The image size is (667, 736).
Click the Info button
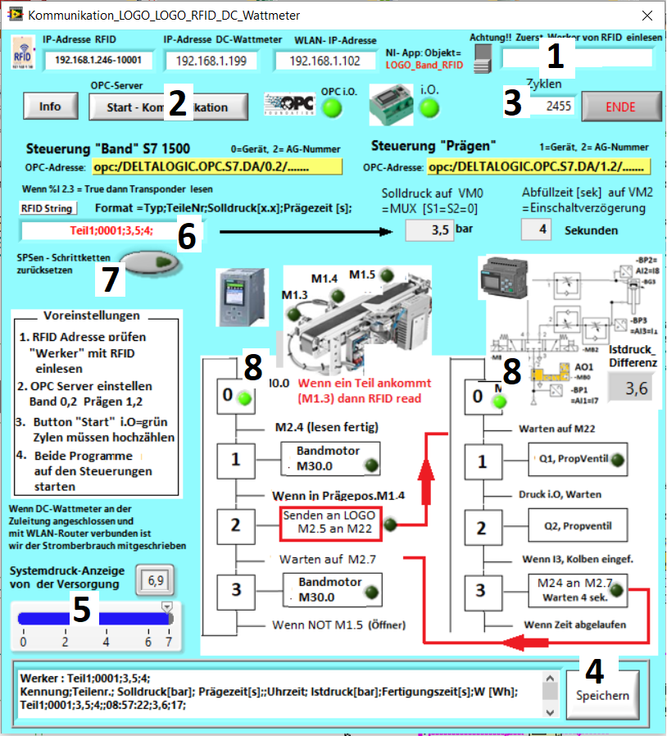[x=50, y=106]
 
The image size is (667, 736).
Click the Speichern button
[x=604, y=695]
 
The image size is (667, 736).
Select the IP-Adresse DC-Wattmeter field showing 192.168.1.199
[x=211, y=61]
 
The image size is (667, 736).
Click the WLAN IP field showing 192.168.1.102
[x=325, y=61]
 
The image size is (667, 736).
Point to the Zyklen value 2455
[x=552, y=107]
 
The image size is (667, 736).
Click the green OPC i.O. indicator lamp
[x=332, y=108]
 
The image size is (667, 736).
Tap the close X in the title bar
[x=647, y=15]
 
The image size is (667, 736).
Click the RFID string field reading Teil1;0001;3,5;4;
[x=98, y=230]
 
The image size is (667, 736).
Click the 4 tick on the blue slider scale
[x=106, y=642]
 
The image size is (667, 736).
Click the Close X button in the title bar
[x=647, y=15]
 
